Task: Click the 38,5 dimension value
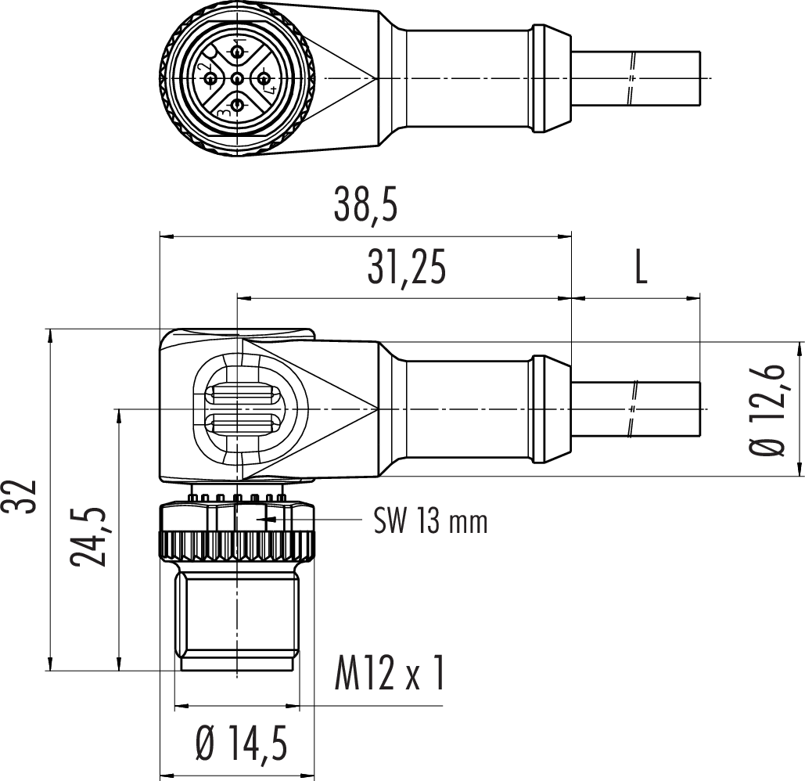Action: tap(365, 205)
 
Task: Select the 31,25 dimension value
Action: tap(406, 268)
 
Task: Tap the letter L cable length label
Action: tap(641, 268)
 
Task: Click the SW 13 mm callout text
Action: tap(430, 521)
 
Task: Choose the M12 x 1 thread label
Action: tap(389, 673)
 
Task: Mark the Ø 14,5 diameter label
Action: tap(241, 743)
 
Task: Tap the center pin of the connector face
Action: tap(237, 78)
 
